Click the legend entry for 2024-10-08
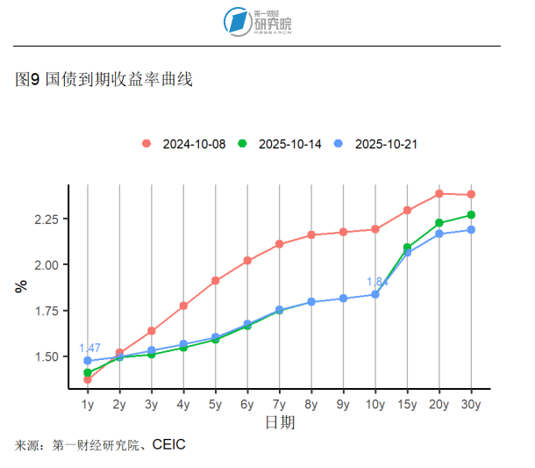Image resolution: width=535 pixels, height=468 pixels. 185,144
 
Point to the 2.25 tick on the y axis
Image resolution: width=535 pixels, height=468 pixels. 46,219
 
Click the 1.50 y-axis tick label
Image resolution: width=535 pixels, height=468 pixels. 46,356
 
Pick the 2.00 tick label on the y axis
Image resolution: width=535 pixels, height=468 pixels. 46,264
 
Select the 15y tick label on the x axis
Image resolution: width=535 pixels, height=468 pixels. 407,405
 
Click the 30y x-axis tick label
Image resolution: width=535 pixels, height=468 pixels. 471,405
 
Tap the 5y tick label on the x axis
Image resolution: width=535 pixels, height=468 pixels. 215,405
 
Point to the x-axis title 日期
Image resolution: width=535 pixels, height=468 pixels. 280,423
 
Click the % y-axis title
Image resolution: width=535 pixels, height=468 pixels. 21,286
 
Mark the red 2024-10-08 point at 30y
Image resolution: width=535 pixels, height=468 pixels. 471,194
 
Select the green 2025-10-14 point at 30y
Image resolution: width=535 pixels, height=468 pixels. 471,215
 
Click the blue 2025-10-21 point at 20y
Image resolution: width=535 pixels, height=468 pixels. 439,234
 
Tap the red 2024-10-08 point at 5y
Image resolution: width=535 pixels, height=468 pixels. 215,281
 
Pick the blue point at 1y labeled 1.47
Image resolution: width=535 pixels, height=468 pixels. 88,361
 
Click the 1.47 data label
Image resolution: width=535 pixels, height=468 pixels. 89,348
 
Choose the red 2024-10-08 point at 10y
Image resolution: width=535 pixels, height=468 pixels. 375,229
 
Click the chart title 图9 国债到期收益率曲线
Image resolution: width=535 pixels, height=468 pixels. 104,80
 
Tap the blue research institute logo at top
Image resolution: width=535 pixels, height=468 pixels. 237,22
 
